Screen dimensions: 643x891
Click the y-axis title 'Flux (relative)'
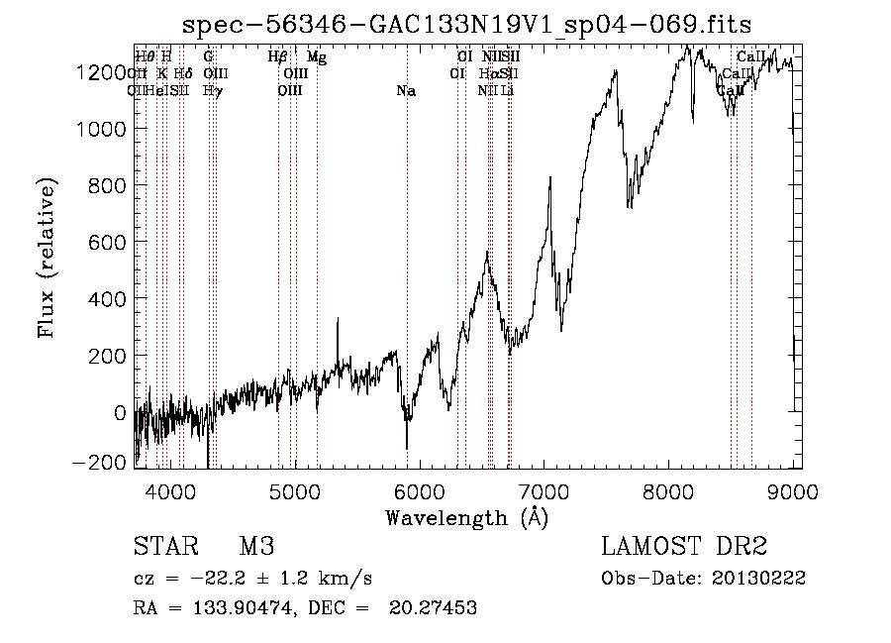pyautogui.click(x=47, y=259)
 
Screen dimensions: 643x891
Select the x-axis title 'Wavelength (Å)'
pyautogui.click(x=466, y=516)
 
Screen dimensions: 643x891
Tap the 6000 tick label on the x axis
pyautogui.click(x=420, y=490)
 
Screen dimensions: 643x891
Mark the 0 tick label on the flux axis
pyautogui.click(x=119, y=412)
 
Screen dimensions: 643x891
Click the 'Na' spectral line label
pyautogui.click(x=406, y=91)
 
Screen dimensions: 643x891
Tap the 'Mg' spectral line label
pyautogui.click(x=317, y=57)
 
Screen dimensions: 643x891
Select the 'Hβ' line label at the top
pyautogui.click(x=278, y=57)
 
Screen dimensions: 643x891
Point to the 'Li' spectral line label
pyautogui.click(x=507, y=91)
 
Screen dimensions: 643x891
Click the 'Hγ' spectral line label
pyautogui.click(x=212, y=91)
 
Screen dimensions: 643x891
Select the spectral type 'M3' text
pyautogui.click(x=256, y=547)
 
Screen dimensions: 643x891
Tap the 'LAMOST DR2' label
pyautogui.click(x=684, y=547)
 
